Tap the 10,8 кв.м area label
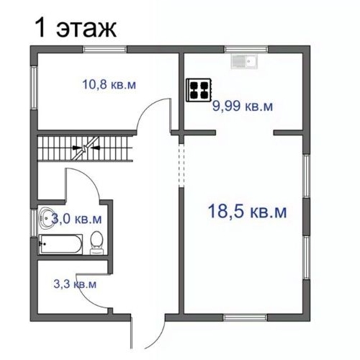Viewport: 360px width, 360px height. pos(109,85)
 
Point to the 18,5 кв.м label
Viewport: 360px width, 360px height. pos(247,212)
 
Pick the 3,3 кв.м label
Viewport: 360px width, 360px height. pos(75,284)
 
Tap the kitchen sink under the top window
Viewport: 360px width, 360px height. pos(246,61)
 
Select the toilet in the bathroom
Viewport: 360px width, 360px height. pos(96,243)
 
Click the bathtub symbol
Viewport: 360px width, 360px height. pos(60,243)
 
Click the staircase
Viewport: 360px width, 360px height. pos(86,150)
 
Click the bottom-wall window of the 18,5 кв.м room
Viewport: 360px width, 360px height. pos(244,317)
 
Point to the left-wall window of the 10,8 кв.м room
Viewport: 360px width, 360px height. pos(32,89)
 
